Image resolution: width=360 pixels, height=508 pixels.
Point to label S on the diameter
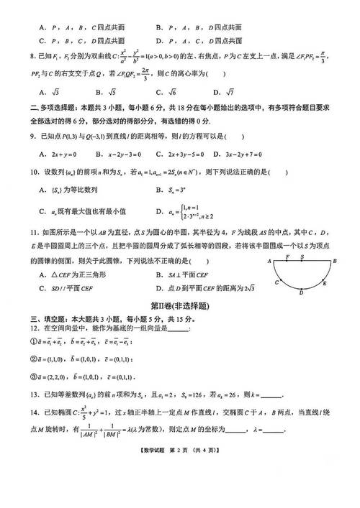point(302,255)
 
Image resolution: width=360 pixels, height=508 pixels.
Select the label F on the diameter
point(287,255)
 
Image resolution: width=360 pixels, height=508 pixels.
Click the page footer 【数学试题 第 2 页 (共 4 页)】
point(180,451)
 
